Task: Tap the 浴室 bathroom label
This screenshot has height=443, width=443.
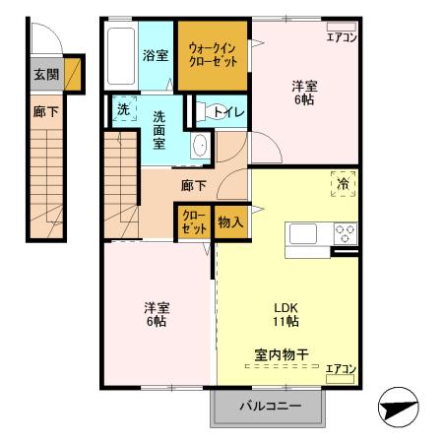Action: (x=156, y=55)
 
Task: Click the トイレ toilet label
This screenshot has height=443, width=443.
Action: (x=221, y=111)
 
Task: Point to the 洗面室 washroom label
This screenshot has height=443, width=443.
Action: (x=158, y=128)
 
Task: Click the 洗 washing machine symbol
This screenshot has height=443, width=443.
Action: (x=123, y=110)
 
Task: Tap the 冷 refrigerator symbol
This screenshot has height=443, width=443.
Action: (x=343, y=184)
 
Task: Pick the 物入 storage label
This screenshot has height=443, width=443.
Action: (x=229, y=223)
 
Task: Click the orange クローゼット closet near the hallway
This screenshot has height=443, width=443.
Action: (x=193, y=223)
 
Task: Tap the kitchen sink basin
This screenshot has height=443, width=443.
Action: (x=301, y=233)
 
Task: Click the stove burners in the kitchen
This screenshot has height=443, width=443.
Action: (x=346, y=233)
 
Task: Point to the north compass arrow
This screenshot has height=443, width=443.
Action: (x=398, y=407)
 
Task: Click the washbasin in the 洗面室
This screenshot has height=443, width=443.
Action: (x=199, y=146)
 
